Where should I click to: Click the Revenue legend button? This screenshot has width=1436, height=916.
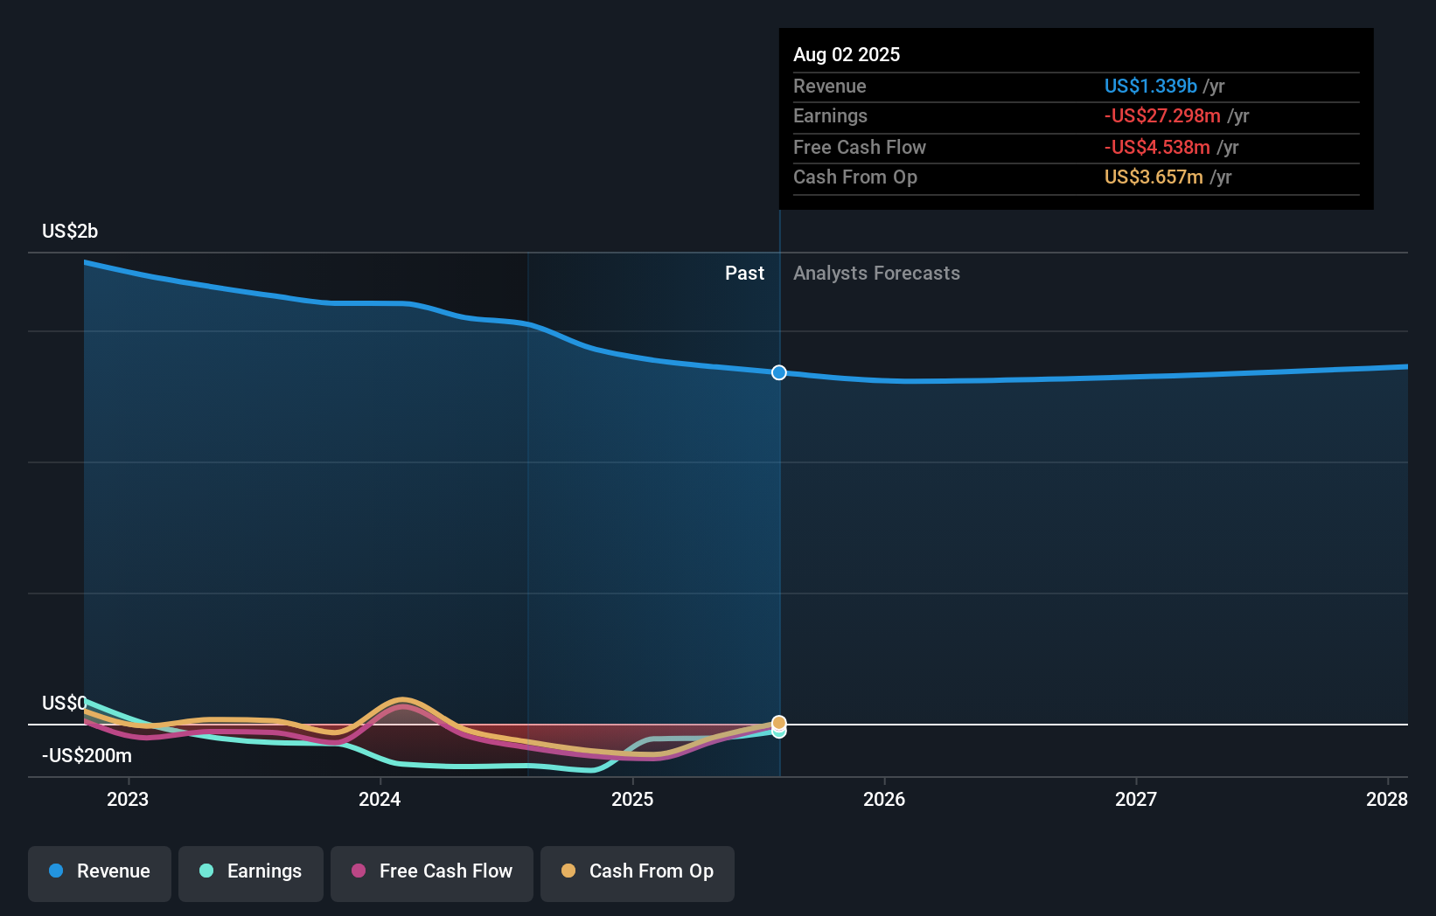pyautogui.click(x=100, y=872)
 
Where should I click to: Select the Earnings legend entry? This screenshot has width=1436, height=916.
pyautogui.click(x=251, y=872)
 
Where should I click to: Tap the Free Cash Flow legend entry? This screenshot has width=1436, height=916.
pyautogui.click(x=432, y=872)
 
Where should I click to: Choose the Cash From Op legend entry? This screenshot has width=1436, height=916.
pyautogui.click(x=638, y=872)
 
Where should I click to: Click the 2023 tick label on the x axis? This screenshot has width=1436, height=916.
pyautogui.click(x=128, y=800)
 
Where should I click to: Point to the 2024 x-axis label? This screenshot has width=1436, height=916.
pyautogui.click(x=380, y=800)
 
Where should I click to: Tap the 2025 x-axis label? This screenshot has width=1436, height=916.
pyautogui.click(x=632, y=800)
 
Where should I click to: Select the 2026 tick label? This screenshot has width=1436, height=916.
pyautogui.click(x=884, y=800)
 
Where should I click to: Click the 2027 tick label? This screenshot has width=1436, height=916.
pyautogui.click(x=1136, y=800)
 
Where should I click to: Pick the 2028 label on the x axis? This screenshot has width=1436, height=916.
pyautogui.click(x=1386, y=800)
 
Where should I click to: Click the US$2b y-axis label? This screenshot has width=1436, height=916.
pyautogui.click(x=70, y=232)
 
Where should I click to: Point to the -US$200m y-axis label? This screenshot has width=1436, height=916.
pyautogui.click(x=87, y=756)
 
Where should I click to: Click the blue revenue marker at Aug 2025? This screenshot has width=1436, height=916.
pyautogui.click(x=779, y=373)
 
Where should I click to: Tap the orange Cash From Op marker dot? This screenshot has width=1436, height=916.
pyautogui.click(x=779, y=723)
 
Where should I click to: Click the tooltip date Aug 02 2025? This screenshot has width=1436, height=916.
pyautogui.click(x=847, y=55)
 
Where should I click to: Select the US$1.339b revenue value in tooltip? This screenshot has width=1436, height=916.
pyautogui.click(x=1150, y=87)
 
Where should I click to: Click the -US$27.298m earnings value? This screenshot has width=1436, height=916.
pyautogui.click(x=1162, y=116)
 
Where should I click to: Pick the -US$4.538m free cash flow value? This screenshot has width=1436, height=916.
pyautogui.click(x=1157, y=148)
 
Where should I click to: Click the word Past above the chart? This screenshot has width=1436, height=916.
pyautogui.click(x=744, y=274)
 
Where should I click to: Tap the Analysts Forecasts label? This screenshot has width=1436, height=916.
pyautogui.click(x=876, y=274)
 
